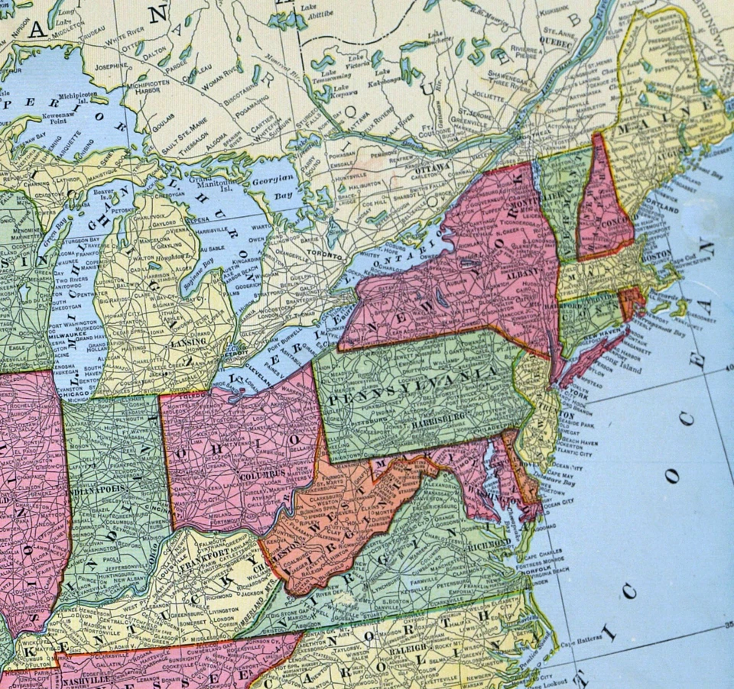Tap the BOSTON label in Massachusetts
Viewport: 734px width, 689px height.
pyautogui.click(x=661, y=258)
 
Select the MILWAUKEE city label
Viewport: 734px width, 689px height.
pyautogui.click(x=70, y=333)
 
